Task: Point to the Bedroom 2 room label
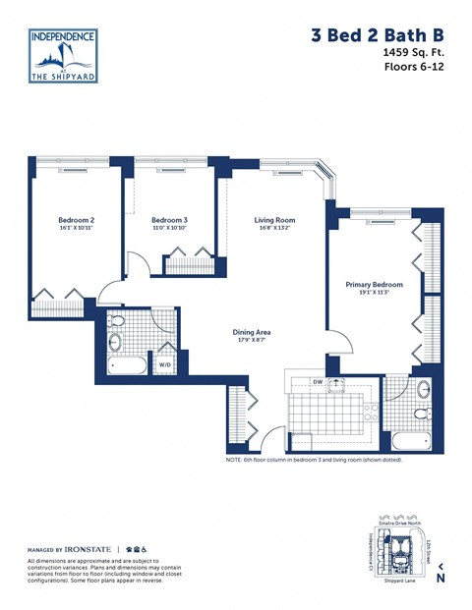76,220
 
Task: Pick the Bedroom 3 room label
169,220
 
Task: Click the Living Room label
274,220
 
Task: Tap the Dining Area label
252,332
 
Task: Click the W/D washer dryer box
163,363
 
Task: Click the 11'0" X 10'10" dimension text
169,229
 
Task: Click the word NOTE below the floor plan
234,459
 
